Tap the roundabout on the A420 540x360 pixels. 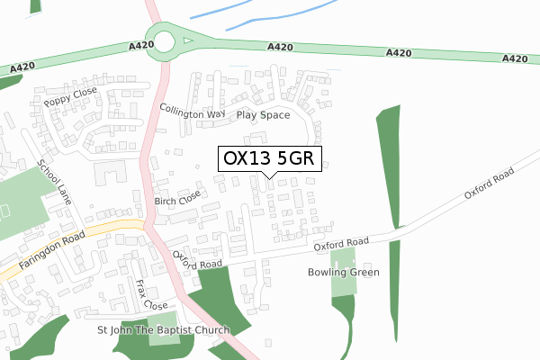click(x=166, y=40)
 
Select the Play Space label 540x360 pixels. click(x=263, y=115)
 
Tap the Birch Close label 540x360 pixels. click(x=176, y=198)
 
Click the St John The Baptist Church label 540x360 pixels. click(x=164, y=330)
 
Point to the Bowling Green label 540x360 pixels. click(x=344, y=272)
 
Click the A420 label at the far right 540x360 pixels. click(x=514, y=58)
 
